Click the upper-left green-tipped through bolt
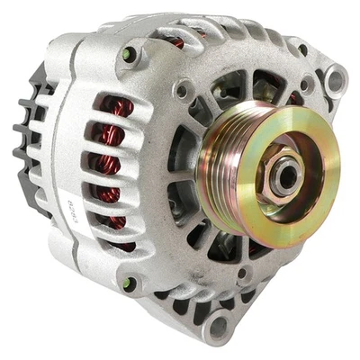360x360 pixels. pos(130,55)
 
